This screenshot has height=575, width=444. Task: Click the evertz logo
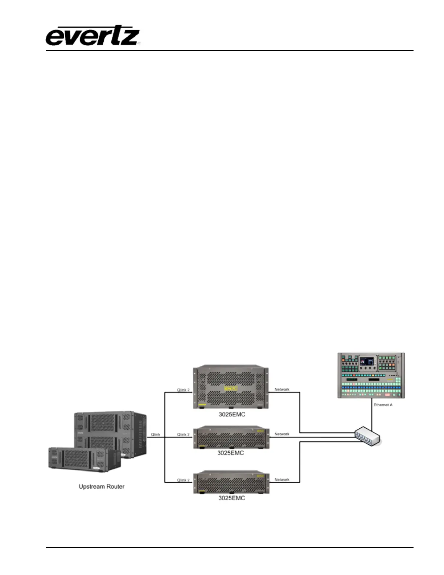(x=93, y=36)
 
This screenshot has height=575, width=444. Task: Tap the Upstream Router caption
(x=102, y=486)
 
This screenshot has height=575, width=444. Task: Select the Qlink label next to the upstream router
(x=155, y=435)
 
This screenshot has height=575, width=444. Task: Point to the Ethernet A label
(x=383, y=405)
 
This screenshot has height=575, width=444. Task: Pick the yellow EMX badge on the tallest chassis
(x=230, y=389)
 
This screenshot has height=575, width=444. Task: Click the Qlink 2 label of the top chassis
(x=183, y=390)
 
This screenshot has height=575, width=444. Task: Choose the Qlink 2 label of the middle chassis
(x=183, y=435)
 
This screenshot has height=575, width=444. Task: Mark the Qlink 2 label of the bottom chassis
(x=183, y=480)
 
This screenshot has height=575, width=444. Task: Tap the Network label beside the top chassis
(x=282, y=390)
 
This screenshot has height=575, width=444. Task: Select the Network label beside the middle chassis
(x=282, y=434)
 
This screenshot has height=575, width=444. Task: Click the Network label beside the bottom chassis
(x=282, y=480)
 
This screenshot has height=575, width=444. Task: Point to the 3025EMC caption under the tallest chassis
(x=231, y=415)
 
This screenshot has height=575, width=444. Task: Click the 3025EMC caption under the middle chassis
(x=231, y=453)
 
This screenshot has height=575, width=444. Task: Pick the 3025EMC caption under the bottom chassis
(x=231, y=498)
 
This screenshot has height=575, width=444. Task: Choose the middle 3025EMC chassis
(x=231, y=438)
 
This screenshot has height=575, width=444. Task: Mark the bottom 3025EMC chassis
(x=231, y=482)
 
